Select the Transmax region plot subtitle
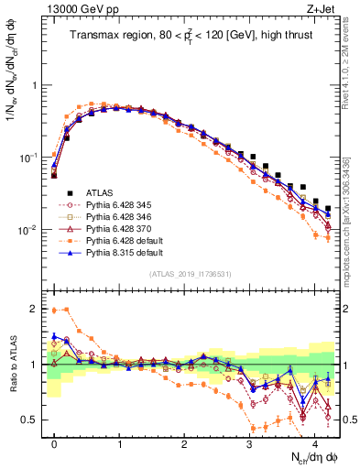click(191, 37)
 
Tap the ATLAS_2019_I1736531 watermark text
click(191, 274)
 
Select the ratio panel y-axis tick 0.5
click(32, 420)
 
